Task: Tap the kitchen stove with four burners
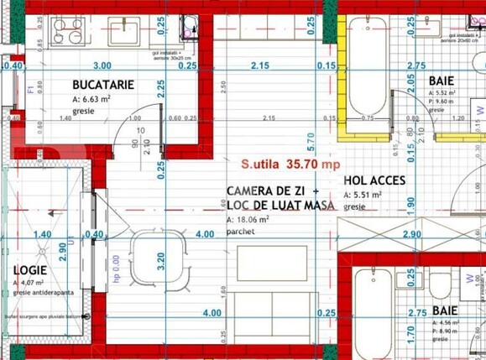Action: tap(67, 31)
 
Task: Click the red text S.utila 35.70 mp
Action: tap(290, 164)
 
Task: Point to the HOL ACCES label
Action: tap(374, 180)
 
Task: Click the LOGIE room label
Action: tap(29, 270)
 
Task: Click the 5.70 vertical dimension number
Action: tap(311, 138)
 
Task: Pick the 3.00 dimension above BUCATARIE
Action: tap(102, 65)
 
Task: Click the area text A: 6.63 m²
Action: tap(99, 98)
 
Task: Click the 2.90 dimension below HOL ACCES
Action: tap(411, 234)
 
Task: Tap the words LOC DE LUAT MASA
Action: tap(280, 205)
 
